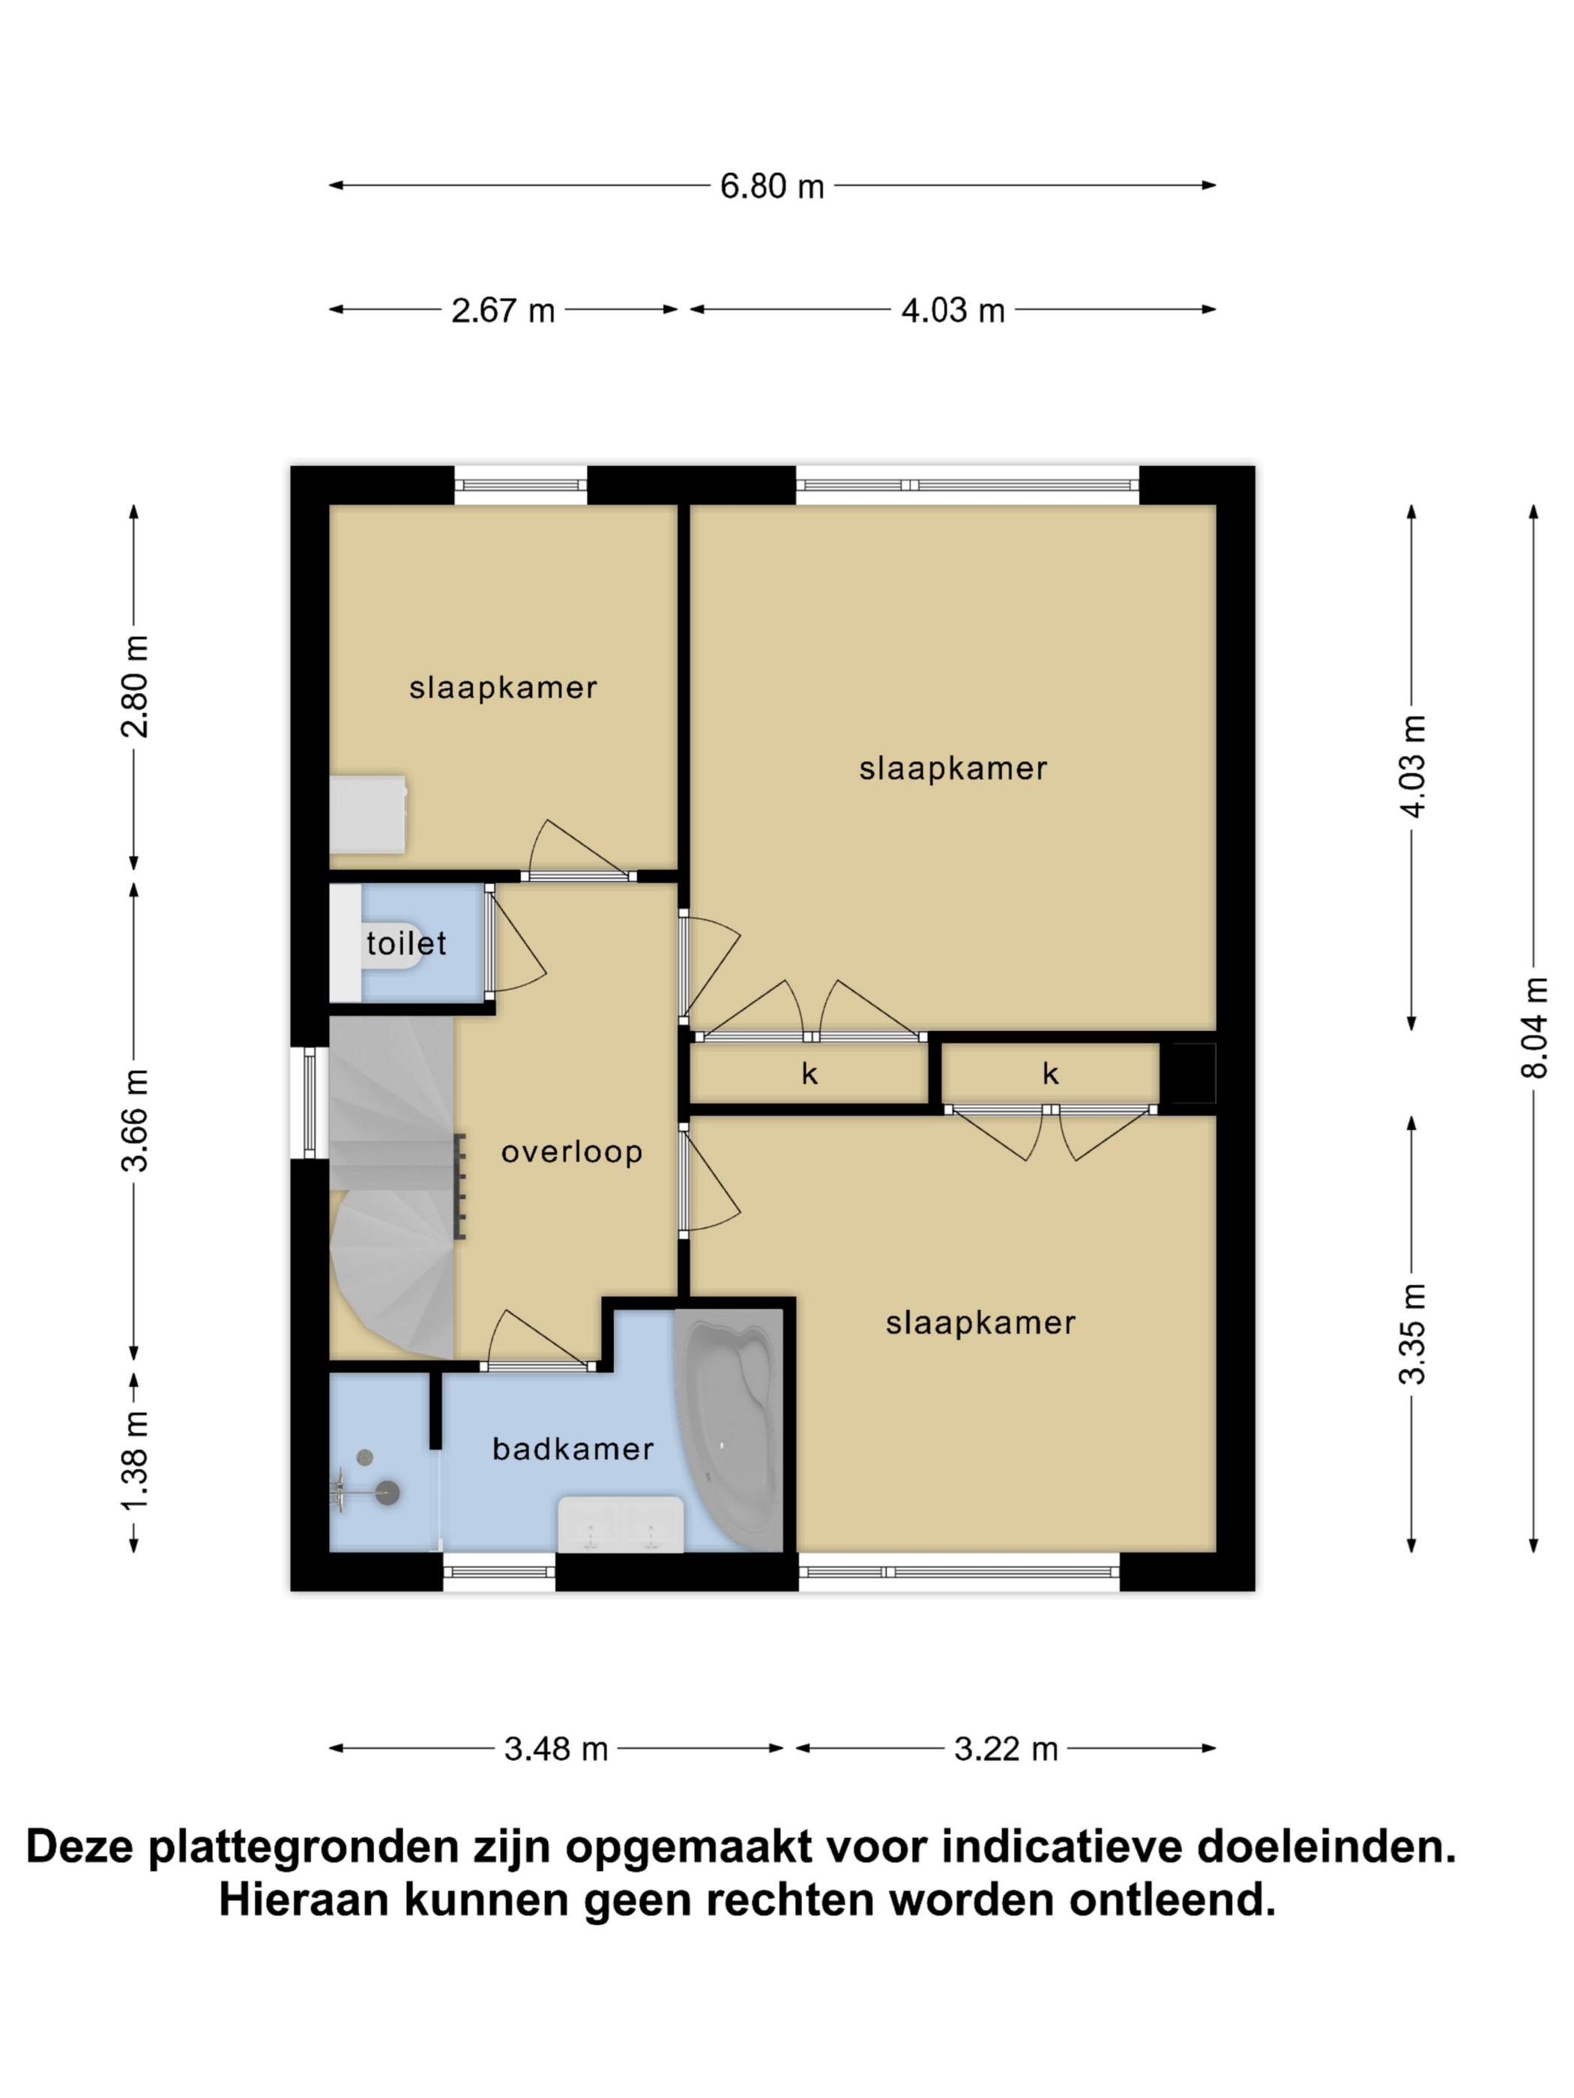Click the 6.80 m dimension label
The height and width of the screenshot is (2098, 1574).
(x=771, y=186)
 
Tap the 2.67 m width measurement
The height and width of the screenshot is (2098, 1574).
(x=503, y=310)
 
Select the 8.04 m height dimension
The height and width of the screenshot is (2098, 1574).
(x=1534, y=1027)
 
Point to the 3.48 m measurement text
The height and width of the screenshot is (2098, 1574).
(x=556, y=1748)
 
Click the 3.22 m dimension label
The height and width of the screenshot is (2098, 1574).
(x=1006, y=1748)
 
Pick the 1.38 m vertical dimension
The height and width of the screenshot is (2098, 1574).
(x=135, y=1462)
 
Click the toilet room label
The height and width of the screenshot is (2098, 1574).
(x=406, y=943)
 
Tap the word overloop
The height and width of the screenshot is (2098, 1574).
(x=572, y=1152)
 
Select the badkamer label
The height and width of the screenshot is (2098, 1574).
(x=573, y=1449)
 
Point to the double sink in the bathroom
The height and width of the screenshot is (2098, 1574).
(x=621, y=1524)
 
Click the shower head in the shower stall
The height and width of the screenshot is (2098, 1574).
(x=387, y=1493)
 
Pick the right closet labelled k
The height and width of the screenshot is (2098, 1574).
(x=1050, y=1073)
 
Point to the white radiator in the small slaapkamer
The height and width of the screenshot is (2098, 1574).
(x=368, y=814)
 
